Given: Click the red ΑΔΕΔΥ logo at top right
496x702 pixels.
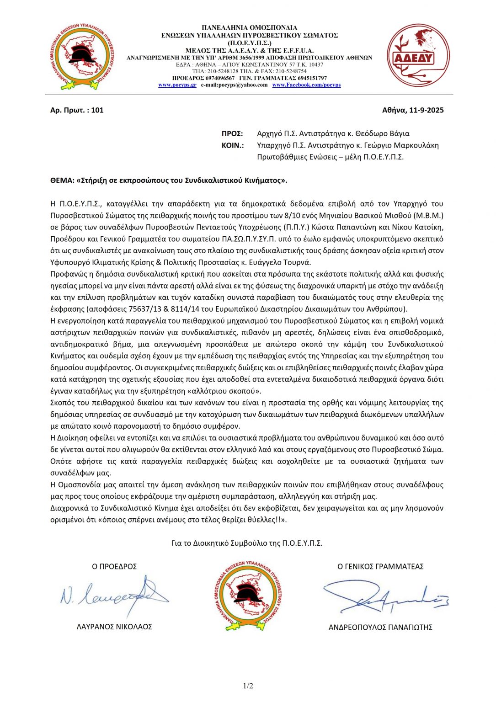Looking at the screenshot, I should click(418, 56).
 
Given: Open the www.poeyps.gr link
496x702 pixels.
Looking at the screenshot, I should click(177, 85).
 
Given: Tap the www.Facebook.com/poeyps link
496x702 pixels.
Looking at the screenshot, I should click(306, 85).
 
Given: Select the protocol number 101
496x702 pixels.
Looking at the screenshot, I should click(97, 110).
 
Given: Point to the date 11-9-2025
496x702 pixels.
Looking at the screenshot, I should click(426, 110).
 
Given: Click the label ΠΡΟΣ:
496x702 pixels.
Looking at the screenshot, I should click(232, 133).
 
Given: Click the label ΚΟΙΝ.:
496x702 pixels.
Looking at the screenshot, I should click(233, 145).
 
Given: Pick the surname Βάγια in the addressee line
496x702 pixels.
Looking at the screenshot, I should click(399, 133).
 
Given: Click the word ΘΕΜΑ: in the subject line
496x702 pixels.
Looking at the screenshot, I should click(62, 181).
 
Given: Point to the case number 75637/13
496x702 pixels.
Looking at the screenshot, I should click(144, 309).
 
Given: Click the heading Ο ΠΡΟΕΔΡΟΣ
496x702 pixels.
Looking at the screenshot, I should click(114, 567).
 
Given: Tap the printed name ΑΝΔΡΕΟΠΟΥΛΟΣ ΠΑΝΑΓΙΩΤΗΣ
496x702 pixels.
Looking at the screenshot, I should click(380, 628).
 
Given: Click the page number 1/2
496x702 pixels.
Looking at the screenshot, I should click(248, 686).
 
